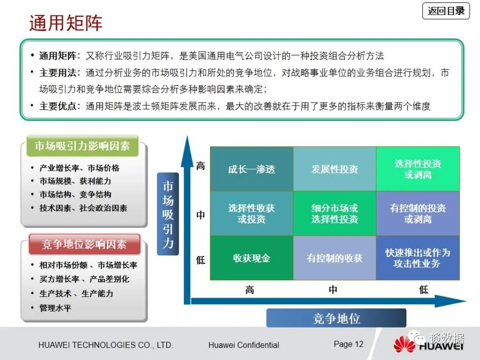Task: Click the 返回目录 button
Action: pyautogui.click(x=446, y=11)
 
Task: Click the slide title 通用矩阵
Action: pyautogui.click(x=66, y=22)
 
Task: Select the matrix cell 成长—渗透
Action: pyautogui.click(x=252, y=169)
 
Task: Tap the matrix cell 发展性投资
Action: pyautogui.click(x=335, y=169)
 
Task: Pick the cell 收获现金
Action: pyautogui.click(x=252, y=258)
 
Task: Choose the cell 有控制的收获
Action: pyautogui.click(x=335, y=258)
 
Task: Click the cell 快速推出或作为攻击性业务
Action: pyautogui.click(x=418, y=258)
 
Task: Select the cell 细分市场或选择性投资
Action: pyautogui.click(x=335, y=213)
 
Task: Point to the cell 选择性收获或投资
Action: pyautogui.click(x=252, y=213)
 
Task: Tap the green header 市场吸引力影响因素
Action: pyautogui.click(x=82, y=146)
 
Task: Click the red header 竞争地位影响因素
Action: pyautogui.click(x=84, y=244)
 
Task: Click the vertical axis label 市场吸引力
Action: pyautogui.click(x=168, y=214)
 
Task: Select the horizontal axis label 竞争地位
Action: pyautogui.click(x=336, y=318)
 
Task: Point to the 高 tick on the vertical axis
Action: pyautogui.click(x=201, y=166)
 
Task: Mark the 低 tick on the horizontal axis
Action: pyautogui.click(x=423, y=289)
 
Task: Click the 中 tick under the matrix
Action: pyautogui.click(x=333, y=289)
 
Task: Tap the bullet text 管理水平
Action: pyautogui.click(x=55, y=307)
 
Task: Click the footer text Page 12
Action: pyautogui.click(x=348, y=344)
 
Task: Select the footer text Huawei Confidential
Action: pyautogui.click(x=244, y=345)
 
